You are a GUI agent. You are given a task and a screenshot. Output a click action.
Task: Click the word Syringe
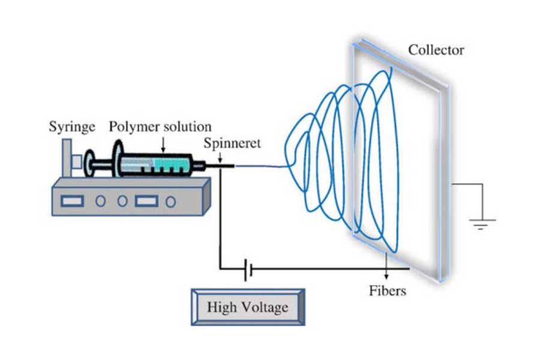[x=72, y=127]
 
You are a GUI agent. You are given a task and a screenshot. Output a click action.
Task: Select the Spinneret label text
[x=232, y=143]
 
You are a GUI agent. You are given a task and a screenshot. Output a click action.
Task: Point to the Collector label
[x=436, y=50]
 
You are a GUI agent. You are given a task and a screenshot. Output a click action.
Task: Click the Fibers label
[x=387, y=291]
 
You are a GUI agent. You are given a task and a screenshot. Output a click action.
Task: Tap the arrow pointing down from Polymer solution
[x=163, y=145]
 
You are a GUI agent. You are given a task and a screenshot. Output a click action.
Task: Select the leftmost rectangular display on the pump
[x=72, y=201]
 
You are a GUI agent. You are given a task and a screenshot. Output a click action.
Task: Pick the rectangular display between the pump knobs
[x=146, y=201]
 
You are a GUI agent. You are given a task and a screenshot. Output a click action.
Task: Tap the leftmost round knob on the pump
[x=100, y=201]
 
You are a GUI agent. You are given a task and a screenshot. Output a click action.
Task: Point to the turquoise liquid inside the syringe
[x=170, y=163]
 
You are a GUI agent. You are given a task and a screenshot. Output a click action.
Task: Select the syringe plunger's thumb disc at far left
[x=89, y=164]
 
